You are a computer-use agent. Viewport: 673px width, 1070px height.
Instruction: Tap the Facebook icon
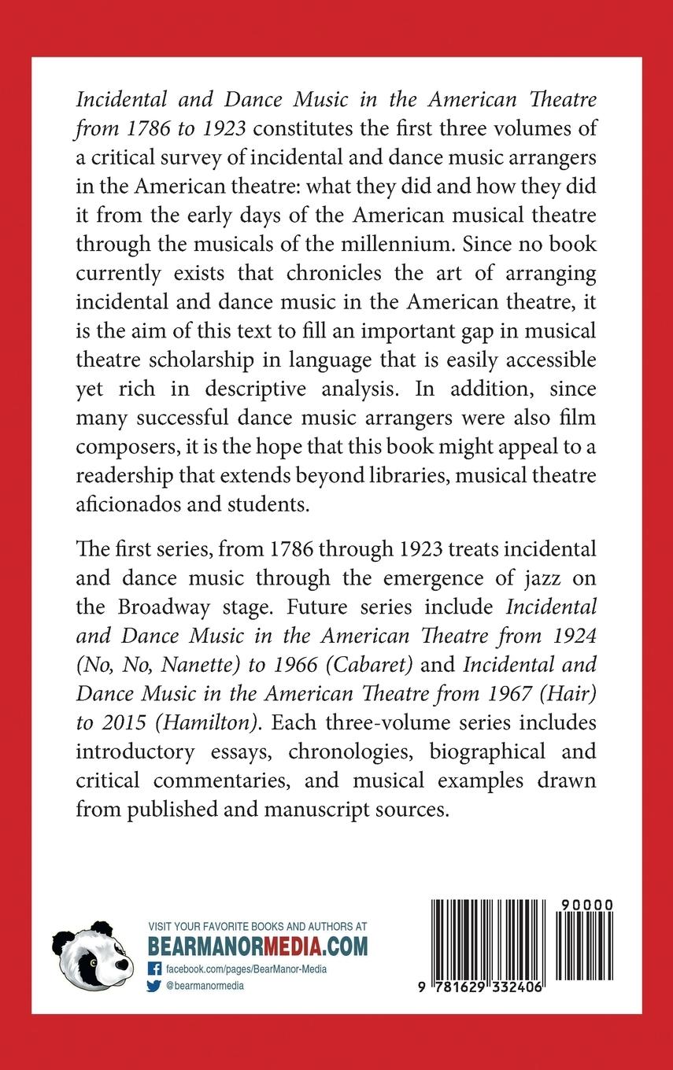pyautogui.click(x=154, y=969)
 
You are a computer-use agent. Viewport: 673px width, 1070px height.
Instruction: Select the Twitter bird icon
pyautogui.click(x=154, y=985)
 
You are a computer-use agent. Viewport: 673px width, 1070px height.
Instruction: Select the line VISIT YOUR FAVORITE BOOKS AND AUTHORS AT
pyautogui.click(x=257, y=927)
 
